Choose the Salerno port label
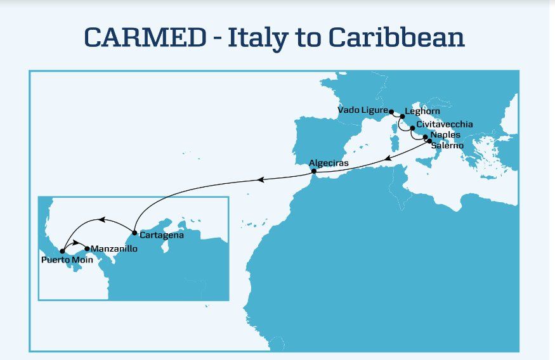coord(447,146)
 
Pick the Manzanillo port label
coord(114,248)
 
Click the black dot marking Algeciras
coord(313,170)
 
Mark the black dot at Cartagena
coord(134,233)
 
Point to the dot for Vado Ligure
coord(391,110)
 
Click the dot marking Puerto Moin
coord(62,251)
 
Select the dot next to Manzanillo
coord(88,248)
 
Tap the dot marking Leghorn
coord(402,117)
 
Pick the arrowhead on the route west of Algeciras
coord(263,180)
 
